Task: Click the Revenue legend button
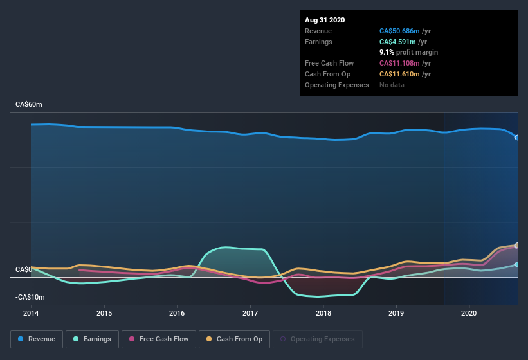[37, 339]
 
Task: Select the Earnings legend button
[93, 339]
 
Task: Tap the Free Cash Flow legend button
[158, 339]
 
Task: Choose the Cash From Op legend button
[233, 339]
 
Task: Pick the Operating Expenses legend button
[318, 339]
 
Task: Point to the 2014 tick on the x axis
[31, 314]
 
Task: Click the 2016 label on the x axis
[177, 314]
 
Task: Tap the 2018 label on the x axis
[323, 314]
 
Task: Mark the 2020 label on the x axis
[469, 314]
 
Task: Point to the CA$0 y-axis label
[24, 269]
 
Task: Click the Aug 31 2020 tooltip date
[325, 20]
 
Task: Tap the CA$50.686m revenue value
[399, 31]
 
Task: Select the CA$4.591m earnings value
[397, 42]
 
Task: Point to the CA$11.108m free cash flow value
[399, 64]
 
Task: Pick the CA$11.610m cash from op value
[399, 75]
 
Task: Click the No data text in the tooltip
[392, 85]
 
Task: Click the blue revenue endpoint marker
[517, 137]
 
